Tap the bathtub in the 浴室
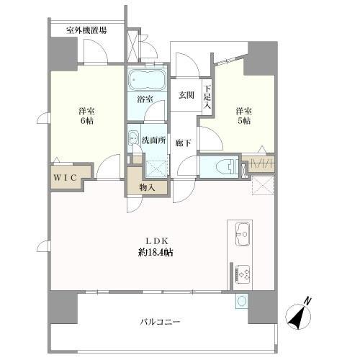tap(147, 78)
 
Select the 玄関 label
tap(187, 95)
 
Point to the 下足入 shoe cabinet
tap(207, 98)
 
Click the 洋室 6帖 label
tap(86, 116)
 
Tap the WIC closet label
tap(65, 175)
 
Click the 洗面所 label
tap(154, 140)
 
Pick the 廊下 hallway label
tap(184, 143)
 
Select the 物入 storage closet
tap(147, 186)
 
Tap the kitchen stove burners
tap(244, 274)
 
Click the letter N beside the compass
tap(307, 301)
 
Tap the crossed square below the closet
tap(261, 186)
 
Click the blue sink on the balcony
tap(240, 301)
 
